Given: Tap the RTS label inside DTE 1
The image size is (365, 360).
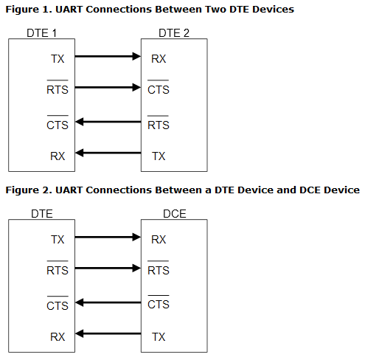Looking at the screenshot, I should pyautogui.click(x=58, y=90).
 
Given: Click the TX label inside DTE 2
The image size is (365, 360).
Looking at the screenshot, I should pyautogui.click(x=159, y=156).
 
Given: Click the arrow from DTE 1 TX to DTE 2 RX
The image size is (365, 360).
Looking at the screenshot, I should pyautogui.click(x=108, y=55).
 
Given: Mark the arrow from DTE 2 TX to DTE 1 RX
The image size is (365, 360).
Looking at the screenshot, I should pyautogui.click(x=108, y=153).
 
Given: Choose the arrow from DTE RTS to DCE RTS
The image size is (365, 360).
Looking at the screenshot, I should pyautogui.click(x=108, y=267).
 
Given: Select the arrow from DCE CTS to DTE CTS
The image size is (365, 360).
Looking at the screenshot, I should pyautogui.click(x=108, y=302).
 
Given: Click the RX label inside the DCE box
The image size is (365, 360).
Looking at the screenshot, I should pyautogui.click(x=159, y=240).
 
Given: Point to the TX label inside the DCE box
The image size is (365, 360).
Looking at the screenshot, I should pyautogui.click(x=159, y=337).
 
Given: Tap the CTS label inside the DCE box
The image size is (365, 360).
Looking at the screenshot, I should pyautogui.click(x=159, y=305).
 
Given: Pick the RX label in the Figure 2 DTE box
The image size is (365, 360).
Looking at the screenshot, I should pyautogui.click(x=58, y=337).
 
